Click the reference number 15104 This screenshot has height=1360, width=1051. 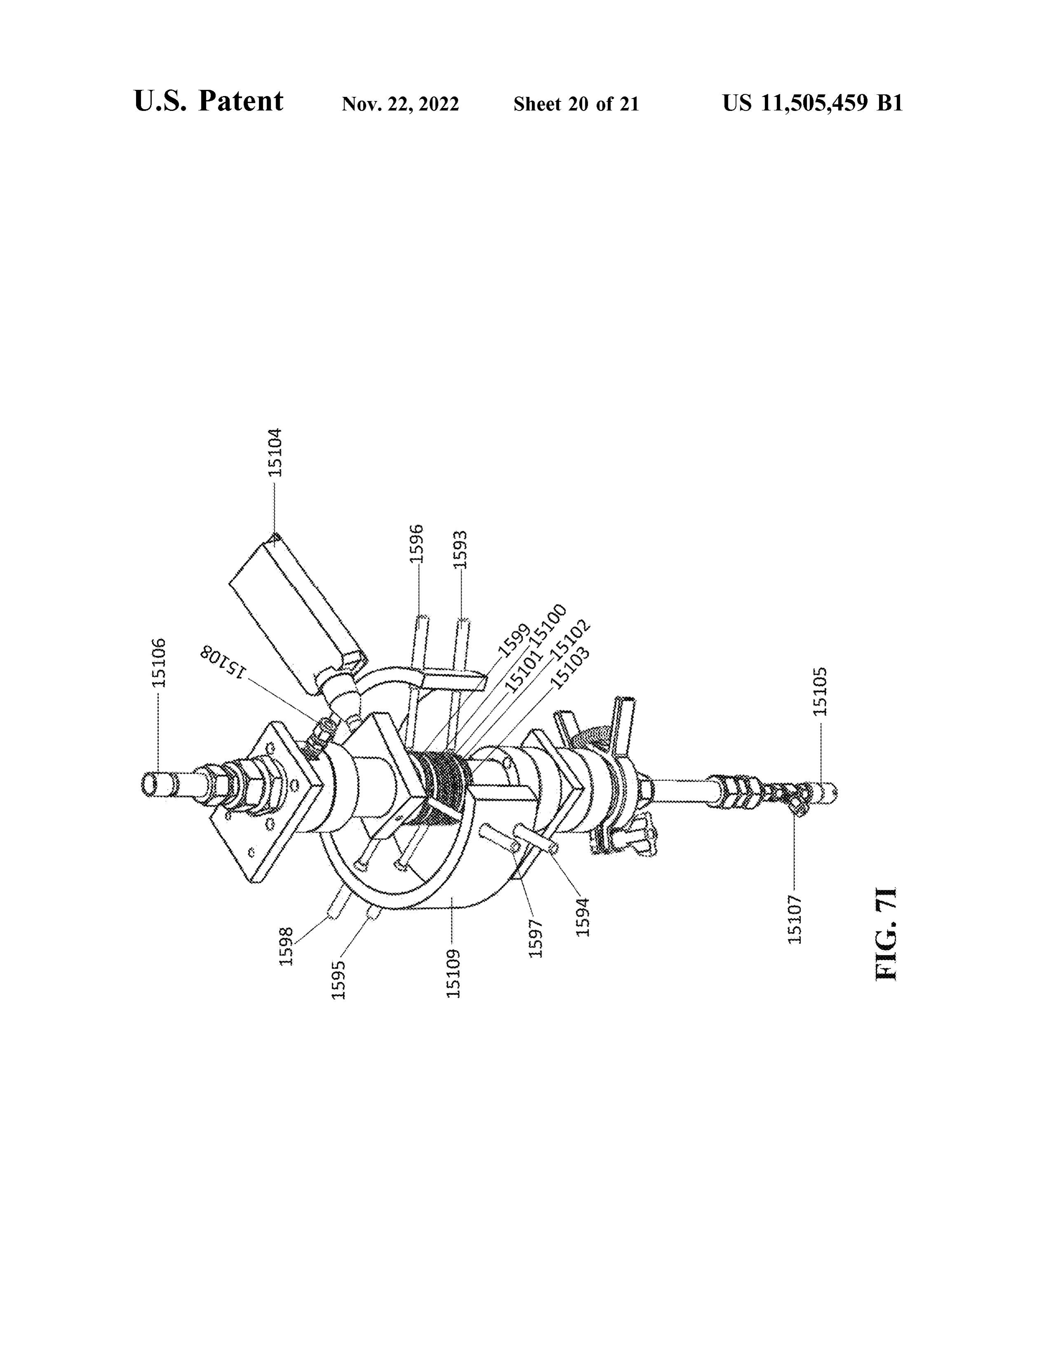click(x=275, y=453)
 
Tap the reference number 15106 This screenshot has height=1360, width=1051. click(x=160, y=663)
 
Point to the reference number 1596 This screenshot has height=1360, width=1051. click(x=417, y=543)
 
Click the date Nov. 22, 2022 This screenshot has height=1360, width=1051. click(x=400, y=104)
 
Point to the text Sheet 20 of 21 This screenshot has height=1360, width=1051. click(x=576, y=104)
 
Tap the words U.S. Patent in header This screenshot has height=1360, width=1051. click(x=209, y=101)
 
